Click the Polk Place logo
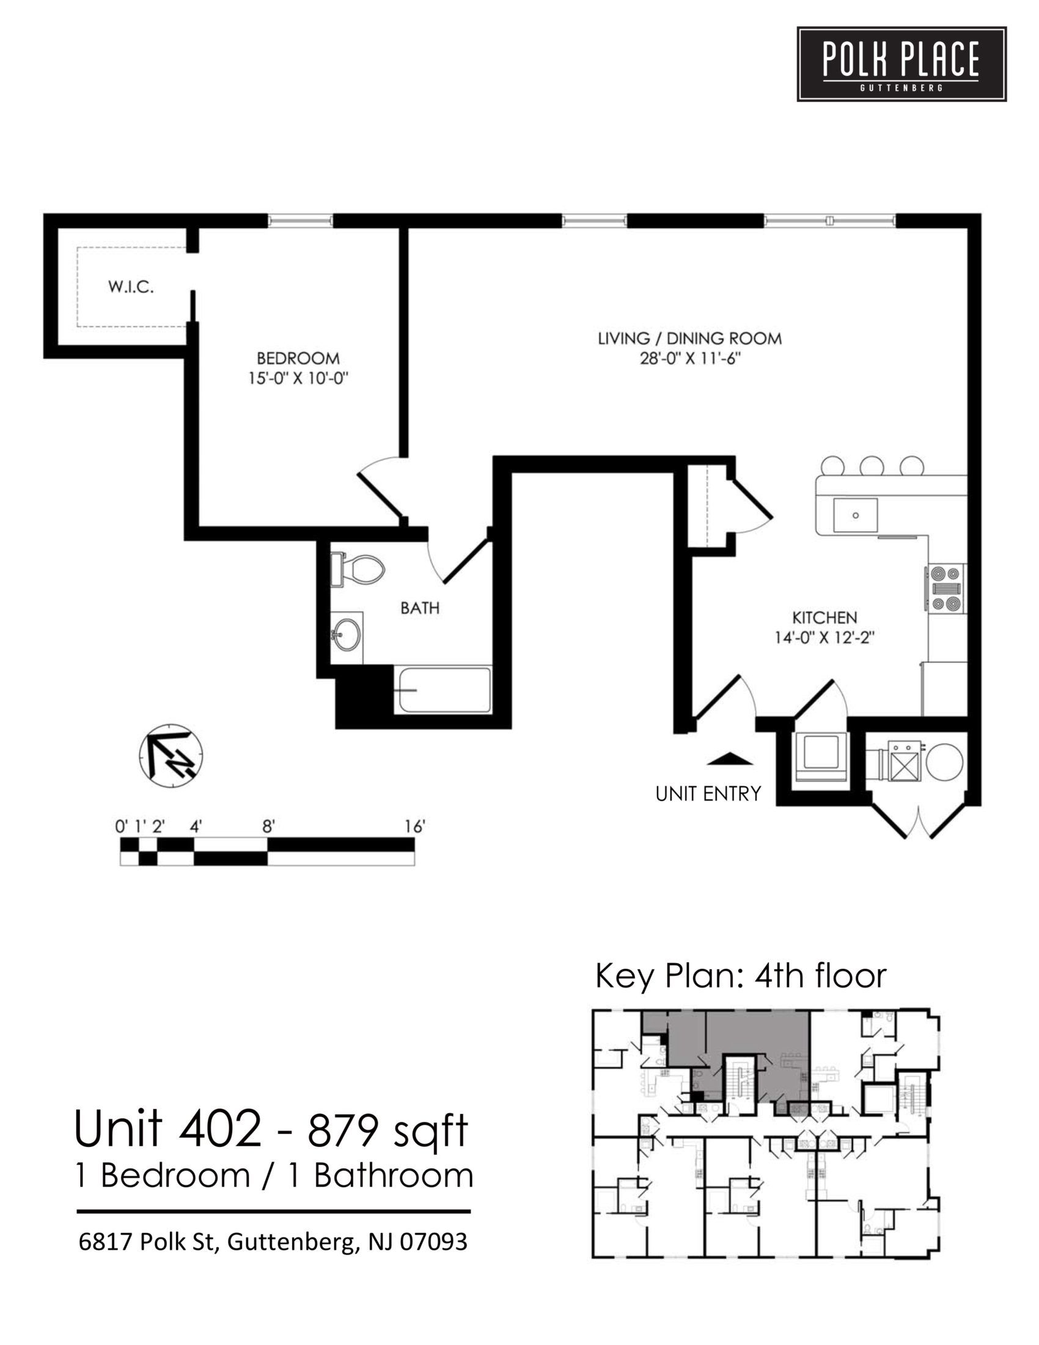pos(901,64)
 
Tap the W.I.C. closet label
pos(131,286)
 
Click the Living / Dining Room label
pos(689,338)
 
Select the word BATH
pos(420,608)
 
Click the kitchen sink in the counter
pos(855,515)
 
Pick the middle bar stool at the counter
pos(872,466)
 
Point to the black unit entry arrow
pos(729,759)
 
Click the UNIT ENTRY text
pos(708,794)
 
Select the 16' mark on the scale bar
pos(415,827)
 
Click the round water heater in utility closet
pos(944,761)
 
